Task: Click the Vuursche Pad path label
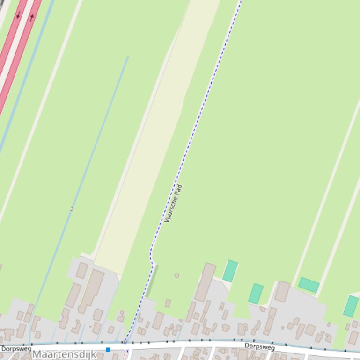(173, 203)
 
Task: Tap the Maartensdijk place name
(64, 354)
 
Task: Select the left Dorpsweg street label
(16, 349)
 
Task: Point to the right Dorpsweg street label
(259, 346)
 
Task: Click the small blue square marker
(108, 349)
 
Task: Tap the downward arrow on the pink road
(18, 15)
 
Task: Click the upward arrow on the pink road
(32, 18)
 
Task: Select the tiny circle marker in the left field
(72, 209)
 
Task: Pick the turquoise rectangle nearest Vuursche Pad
(230, 271)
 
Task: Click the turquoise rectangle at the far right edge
(351, 306)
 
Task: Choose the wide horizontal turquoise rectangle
(309, 285)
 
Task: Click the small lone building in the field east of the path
(176, 275)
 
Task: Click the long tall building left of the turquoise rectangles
(205, 282)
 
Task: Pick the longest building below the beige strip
(91, 291)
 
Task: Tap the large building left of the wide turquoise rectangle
(282, 291)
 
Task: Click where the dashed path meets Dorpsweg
(125, 343)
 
